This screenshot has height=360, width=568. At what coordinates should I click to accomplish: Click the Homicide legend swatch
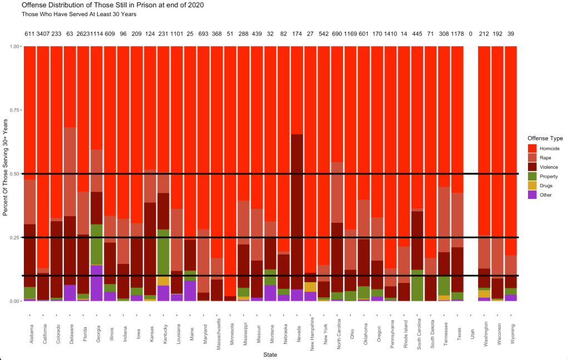pos(532,148)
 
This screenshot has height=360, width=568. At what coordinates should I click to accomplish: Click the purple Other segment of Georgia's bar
pos(96,283)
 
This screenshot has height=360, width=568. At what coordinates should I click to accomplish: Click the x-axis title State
pos(270,354)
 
